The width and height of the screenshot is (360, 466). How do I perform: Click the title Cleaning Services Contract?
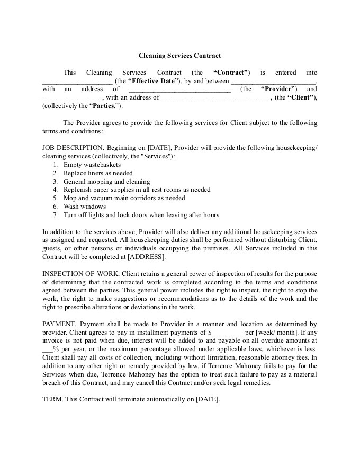179,55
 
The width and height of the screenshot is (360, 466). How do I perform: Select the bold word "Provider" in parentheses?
280,89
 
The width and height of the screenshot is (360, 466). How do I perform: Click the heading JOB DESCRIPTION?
73,148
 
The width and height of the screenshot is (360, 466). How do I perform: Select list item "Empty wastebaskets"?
92,165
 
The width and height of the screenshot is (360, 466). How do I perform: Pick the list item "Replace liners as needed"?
98,173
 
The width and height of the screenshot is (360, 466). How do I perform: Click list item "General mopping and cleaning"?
107,181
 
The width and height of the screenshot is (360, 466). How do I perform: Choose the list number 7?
55,215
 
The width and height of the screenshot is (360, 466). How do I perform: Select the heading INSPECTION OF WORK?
80,274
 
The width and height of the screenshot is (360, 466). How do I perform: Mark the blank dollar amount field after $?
228,333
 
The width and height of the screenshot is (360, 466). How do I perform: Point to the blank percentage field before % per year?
47,349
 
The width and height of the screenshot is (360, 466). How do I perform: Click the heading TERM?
52,399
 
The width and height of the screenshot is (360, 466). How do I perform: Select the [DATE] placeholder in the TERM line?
207,399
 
